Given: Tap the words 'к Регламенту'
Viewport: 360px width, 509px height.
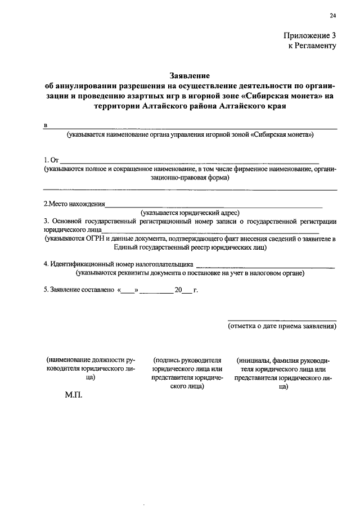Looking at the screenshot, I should coord(313,46).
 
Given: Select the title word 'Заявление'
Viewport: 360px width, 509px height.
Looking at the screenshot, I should coord(190,75).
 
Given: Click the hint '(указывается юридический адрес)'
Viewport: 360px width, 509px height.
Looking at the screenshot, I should coord(190,213).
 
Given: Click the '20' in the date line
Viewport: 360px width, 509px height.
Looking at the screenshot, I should coord(178,291).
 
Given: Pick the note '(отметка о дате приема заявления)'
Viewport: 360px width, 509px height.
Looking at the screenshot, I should coord(282,326).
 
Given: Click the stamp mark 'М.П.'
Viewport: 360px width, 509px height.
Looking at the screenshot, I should coord(74,395).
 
